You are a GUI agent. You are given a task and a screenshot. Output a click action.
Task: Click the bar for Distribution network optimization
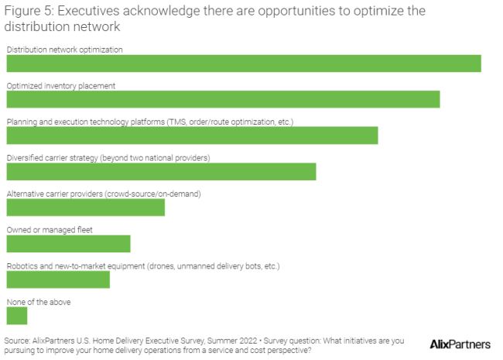point(244,63)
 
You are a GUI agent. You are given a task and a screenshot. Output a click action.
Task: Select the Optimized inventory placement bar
point(223,99)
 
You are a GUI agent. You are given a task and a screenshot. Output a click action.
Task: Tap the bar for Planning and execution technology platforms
point(192,135)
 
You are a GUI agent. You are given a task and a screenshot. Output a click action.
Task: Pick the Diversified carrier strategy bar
point(161,171)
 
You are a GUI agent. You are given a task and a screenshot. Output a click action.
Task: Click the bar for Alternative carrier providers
point(85,207)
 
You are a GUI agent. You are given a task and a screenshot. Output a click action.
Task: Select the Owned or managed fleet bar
point(68,243)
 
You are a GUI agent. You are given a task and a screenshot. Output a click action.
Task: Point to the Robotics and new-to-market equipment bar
point(58,279)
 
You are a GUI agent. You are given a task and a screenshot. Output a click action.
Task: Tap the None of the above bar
point(16,316)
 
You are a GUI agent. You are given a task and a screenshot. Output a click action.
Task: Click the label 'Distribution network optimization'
point(65,50)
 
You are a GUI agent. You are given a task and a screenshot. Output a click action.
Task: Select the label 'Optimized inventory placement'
point(61,86)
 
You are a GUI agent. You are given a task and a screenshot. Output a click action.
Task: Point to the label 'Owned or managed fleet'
point(50,230)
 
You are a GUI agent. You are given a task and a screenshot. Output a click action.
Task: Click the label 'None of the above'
point(39,302)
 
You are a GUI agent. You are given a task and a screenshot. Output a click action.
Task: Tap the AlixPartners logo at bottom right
point(460,344)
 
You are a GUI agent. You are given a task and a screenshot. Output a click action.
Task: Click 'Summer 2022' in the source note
point(230,340)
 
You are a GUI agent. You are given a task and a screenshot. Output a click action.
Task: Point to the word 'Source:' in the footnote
point(17,340)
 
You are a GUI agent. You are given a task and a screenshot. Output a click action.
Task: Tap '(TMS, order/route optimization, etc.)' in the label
point(230,122)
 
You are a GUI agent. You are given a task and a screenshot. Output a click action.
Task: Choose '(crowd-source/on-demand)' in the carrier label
point(148,194)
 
